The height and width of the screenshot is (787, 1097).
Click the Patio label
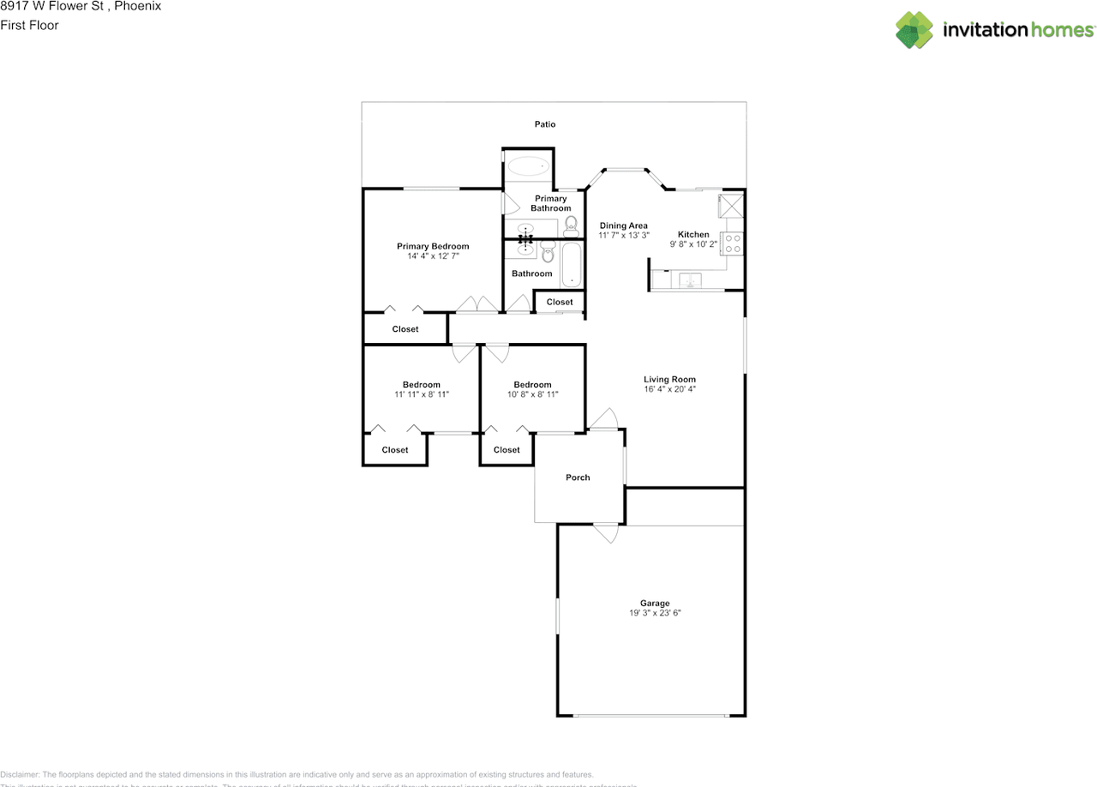coord(545,124)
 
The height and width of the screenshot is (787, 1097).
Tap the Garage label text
coord(655,603)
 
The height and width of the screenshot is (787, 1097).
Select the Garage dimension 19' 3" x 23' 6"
coord(655,613)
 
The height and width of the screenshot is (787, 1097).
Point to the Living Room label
coord(669,379)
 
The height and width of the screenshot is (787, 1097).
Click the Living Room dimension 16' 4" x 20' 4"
coord(669,389)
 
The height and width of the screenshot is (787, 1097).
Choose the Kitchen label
coord(693,234)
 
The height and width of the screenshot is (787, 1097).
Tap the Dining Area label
coord(623,225)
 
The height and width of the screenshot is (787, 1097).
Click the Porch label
coord(578,478)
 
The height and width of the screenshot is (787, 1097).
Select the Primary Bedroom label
coord(433,246)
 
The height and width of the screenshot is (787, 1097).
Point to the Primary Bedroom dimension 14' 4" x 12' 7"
coord(433,256)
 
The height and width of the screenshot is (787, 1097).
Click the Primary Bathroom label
coord(550,203)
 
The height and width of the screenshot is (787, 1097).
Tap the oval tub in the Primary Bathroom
coord(528,165)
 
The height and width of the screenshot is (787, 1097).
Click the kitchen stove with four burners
coord(734,243)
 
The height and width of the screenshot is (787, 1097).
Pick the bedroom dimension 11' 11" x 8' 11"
coord(422,394)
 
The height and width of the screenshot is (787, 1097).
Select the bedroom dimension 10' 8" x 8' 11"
coord(532,394)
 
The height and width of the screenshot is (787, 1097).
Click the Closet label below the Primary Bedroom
coord(405,329)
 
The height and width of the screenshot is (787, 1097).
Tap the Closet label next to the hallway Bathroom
coord(560,302)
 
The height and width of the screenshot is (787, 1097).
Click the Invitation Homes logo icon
coord(914,30)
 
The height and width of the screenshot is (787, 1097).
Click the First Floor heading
coord(29,25)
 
